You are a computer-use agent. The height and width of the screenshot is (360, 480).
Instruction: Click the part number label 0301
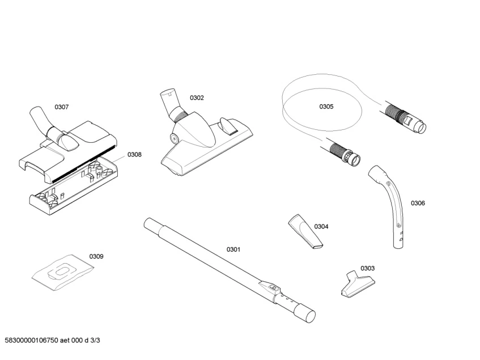pos(233,249)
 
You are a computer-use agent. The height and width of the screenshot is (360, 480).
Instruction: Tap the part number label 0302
pos(197,98)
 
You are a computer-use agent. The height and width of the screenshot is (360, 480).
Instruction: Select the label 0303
pos(367,268)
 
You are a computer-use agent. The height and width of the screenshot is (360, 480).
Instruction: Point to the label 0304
pos(321,227)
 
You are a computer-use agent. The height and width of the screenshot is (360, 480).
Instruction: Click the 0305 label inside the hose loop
pos(326,107)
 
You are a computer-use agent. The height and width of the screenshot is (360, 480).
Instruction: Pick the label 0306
pos(418,203)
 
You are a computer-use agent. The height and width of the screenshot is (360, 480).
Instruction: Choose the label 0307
pos(62,107)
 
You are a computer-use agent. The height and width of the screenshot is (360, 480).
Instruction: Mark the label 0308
pos(134,154)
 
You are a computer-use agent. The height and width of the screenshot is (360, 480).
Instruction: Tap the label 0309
pos(96,256)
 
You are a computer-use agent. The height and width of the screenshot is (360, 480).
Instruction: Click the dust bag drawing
pos(61,272)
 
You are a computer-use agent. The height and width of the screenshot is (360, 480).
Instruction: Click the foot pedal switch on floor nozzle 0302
pos(227,125)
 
